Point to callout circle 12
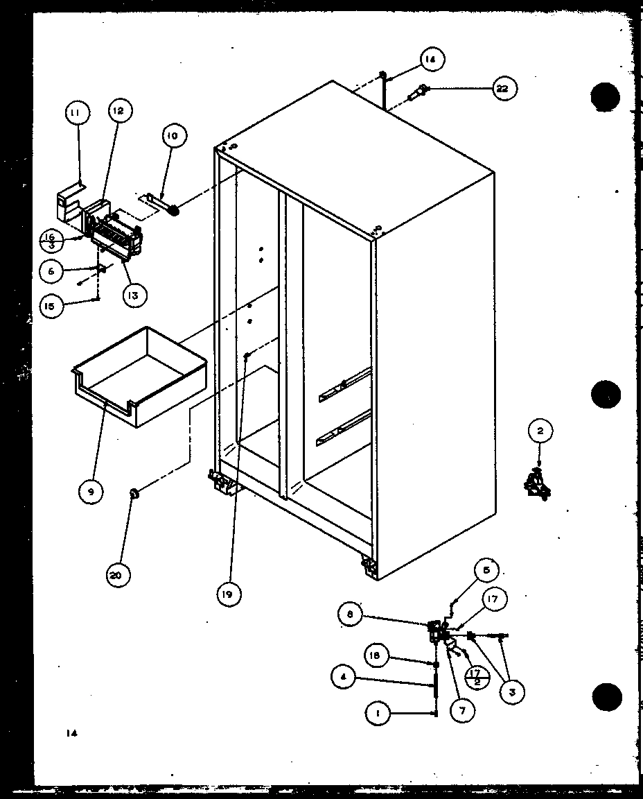pyautogui.click(x=119, y=110)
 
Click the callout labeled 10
pyautogui.click(x=173, y=136)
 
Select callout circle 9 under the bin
pyautogui.click(x=91, y=492)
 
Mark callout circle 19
pyautogui.click(x=229, y=594)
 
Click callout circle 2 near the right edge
pyautogui.click(x=540, y=432)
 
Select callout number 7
pyautogui.click(x=462, y=710)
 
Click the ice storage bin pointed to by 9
pyautogui.click(x=139, y=378)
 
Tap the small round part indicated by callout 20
pyautogui.click(x=134, y=494)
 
